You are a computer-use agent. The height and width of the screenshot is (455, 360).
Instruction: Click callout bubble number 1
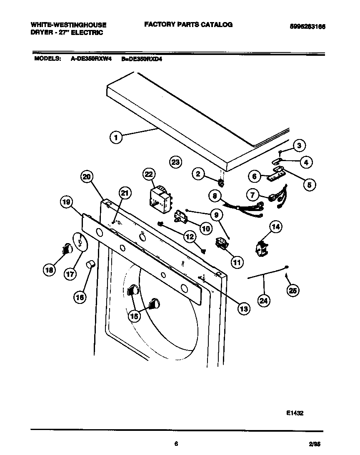click(x=116, y=137)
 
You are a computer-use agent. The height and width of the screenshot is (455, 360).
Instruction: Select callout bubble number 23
click(x=176, y=162)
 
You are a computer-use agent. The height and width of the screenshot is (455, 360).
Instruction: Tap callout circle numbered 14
click(x=275, y=227)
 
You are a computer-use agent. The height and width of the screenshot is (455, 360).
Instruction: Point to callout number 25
click(x=293, y=291)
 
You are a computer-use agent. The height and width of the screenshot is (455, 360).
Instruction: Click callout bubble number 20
click(x=86, y=177)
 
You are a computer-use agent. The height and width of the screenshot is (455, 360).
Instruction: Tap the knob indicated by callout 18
click(x=66, y=249)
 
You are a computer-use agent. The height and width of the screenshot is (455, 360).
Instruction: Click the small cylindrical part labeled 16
click(x=90, y=264)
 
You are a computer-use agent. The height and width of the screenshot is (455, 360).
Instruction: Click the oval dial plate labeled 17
click(x=80, y=242)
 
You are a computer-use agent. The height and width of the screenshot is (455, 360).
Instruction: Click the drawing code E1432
click(x=295, y=413)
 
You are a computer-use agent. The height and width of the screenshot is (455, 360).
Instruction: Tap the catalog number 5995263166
click(x=307, y=26)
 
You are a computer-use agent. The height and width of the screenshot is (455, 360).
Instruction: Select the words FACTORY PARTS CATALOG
click(x=188, y=25)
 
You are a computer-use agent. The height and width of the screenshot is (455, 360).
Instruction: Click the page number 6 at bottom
click(x=176, y=444)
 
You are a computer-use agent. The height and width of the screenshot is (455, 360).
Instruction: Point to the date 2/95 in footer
click(x=315, y=445)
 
